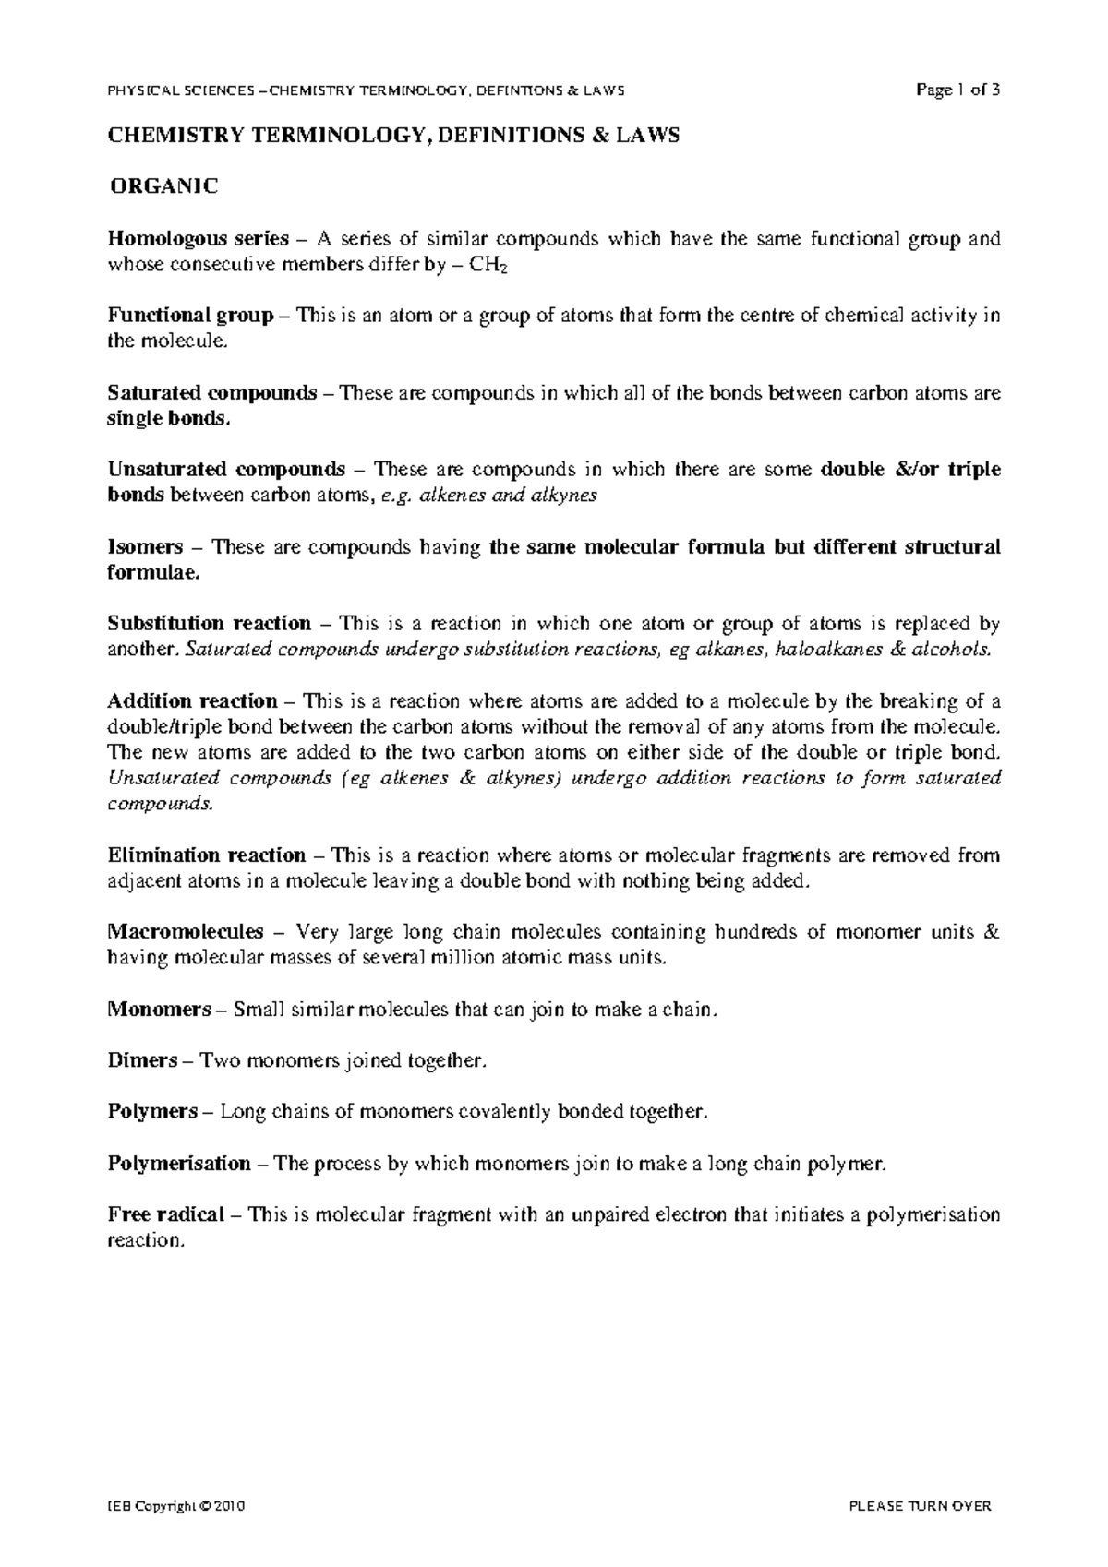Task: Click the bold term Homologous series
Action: [x=198, y=239]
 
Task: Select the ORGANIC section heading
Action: [x=163, y=187]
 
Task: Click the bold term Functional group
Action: [x=190, y=316]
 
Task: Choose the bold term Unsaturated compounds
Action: [x=226, y=470]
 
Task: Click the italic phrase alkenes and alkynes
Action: [x=508, y=496]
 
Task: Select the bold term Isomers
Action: [x=145, y=547]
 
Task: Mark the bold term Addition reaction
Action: [x=192, y=701]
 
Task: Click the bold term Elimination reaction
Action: [x=206, y=855]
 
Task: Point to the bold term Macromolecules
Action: [x=186, y=932]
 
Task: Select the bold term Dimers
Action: [x=142, y=1061]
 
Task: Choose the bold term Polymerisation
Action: [x=179, y=1164]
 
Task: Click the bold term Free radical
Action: [x=165, y=1215]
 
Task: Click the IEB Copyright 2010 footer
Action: [x=175, y=1506]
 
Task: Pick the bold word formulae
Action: [x=152, y=573]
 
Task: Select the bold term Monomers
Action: [x=159, y=1010]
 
